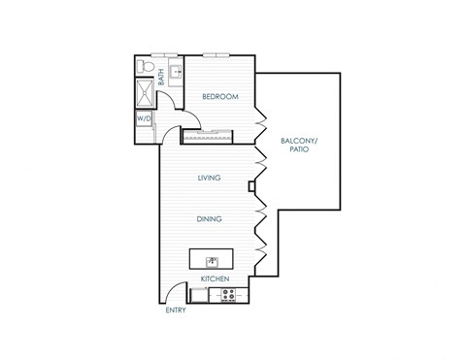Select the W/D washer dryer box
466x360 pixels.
145,120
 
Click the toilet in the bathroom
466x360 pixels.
146,67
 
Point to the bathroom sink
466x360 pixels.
175,69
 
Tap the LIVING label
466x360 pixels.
209,178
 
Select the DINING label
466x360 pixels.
209,218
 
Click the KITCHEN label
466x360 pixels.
215,279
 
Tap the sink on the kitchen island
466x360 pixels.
210,259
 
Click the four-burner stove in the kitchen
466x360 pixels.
230,296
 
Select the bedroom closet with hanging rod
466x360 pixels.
210,135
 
